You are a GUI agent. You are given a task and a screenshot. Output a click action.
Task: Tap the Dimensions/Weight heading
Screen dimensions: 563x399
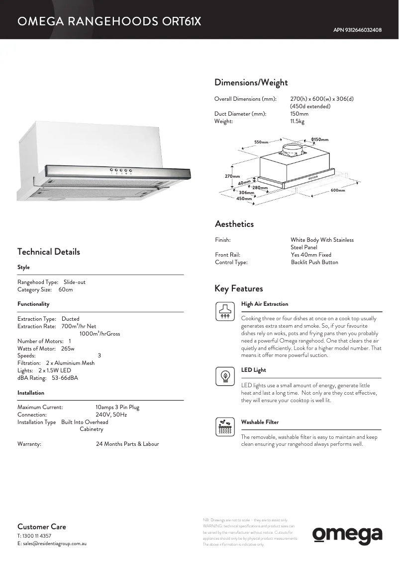[251, 82]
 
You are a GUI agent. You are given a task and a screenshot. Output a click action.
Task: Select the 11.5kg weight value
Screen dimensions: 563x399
[297, 121]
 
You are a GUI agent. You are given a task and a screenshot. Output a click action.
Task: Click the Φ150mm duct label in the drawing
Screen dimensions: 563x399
[319, 140]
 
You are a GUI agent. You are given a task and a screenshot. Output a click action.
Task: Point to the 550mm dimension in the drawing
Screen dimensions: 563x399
[261, 142]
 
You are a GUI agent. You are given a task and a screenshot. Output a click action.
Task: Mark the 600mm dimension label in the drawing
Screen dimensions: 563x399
[337, 190]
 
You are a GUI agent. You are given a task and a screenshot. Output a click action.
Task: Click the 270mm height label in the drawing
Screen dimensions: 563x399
[232, 176]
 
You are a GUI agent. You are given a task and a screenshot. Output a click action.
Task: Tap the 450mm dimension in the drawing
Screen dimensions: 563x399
[244, 199]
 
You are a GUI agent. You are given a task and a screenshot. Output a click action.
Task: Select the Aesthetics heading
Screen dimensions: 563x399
[234, 224]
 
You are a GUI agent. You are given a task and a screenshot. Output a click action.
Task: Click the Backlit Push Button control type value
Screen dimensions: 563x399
[314, 262]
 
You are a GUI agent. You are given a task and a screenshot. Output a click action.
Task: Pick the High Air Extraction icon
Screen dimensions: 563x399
[225, 311]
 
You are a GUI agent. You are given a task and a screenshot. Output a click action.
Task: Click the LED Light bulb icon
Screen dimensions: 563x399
[225, 377]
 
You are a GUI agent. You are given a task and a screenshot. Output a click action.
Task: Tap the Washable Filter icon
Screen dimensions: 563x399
[225, 427]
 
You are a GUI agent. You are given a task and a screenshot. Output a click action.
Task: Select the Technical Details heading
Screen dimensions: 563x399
[48, 252]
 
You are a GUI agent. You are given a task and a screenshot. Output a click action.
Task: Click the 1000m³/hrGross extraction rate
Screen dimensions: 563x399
[100, 334]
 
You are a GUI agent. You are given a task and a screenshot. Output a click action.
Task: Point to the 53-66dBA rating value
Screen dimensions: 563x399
[65, 378]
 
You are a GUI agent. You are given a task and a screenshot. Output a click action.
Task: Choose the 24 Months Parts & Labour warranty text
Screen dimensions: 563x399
[127, 444]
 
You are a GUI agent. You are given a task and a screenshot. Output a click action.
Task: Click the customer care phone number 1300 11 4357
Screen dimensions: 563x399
[37, 536]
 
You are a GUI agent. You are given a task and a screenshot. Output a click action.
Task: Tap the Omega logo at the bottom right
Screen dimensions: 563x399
[347, 535]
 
